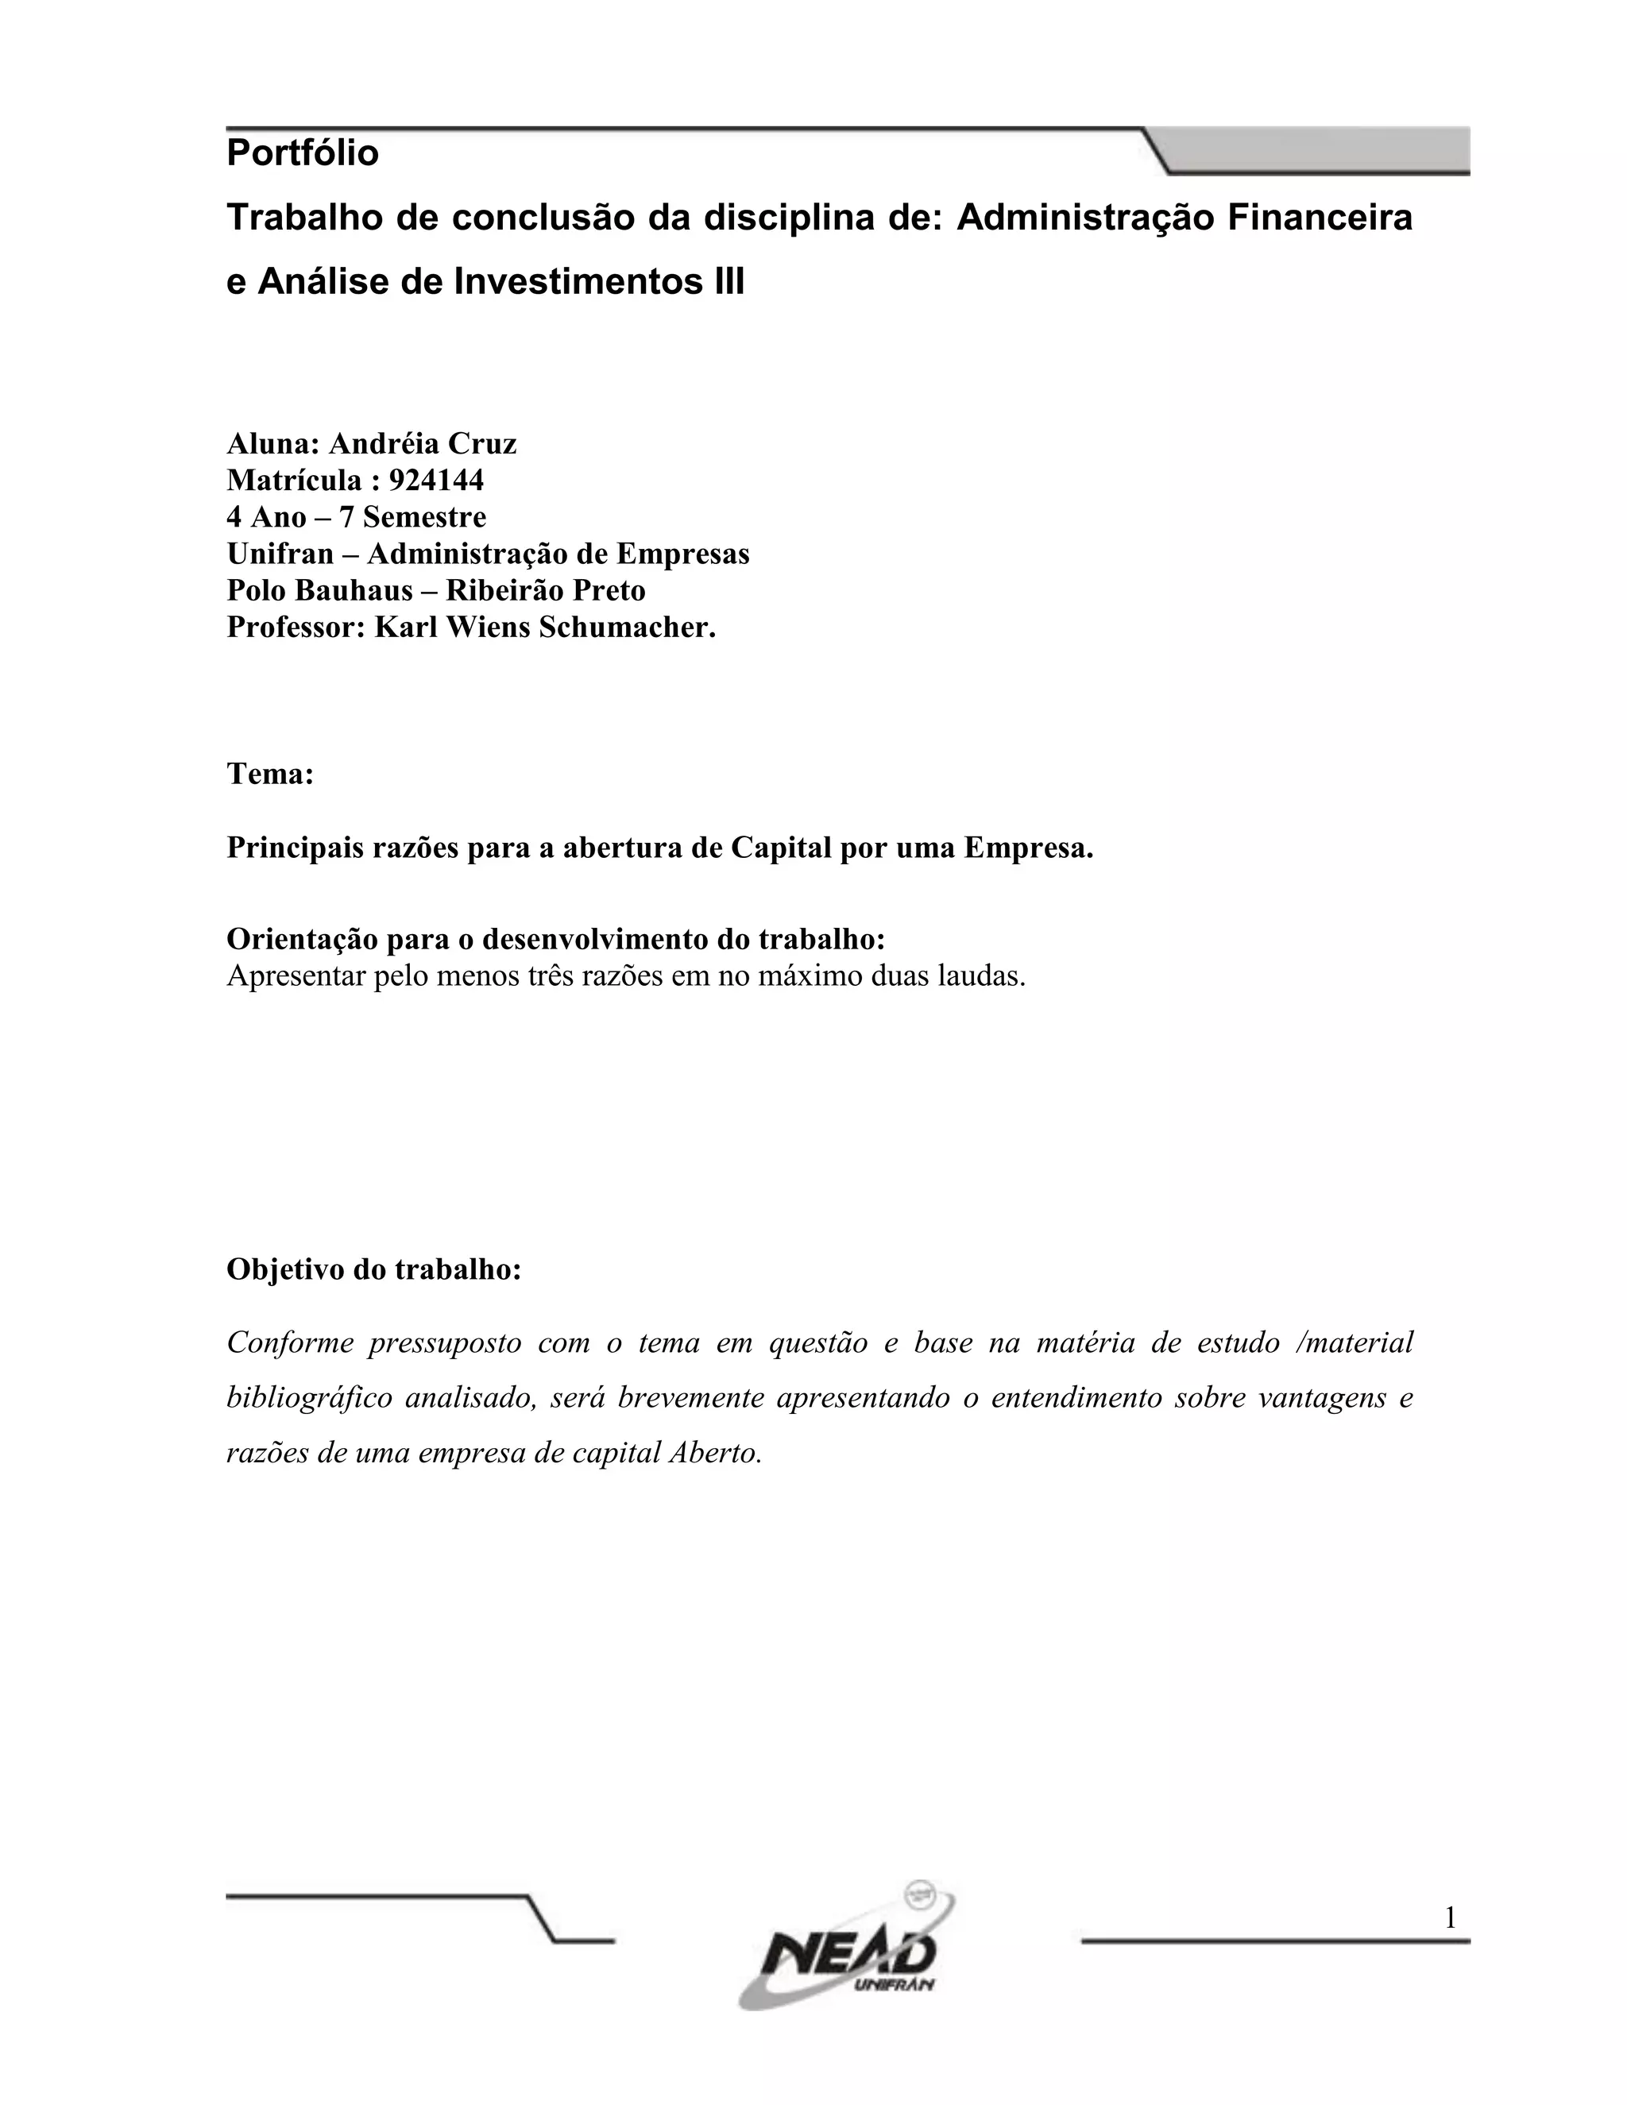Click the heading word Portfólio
(303, 153)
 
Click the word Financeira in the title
(1320, 218)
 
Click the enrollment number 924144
(435, 480)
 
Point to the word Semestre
(424, 518)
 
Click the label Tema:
(270, 774)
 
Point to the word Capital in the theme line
(781, 848)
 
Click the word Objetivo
(286, 1269)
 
